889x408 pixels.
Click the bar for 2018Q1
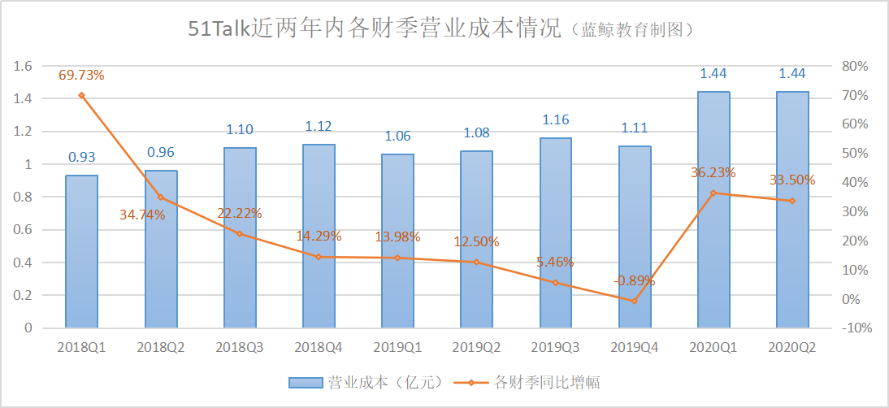[81, 252]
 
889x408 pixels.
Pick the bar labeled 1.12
[319, 237]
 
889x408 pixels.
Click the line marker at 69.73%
[81, 95]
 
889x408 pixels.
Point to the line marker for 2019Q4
[635, 301]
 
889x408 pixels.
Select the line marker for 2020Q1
[713, 193]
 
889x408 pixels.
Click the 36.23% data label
[713, 172]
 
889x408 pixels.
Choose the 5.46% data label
[555, 262]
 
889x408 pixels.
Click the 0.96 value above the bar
[161, 152]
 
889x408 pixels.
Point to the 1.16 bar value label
[556, 119]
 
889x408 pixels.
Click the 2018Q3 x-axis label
[240, 347]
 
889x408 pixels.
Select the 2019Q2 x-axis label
[476, 347]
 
